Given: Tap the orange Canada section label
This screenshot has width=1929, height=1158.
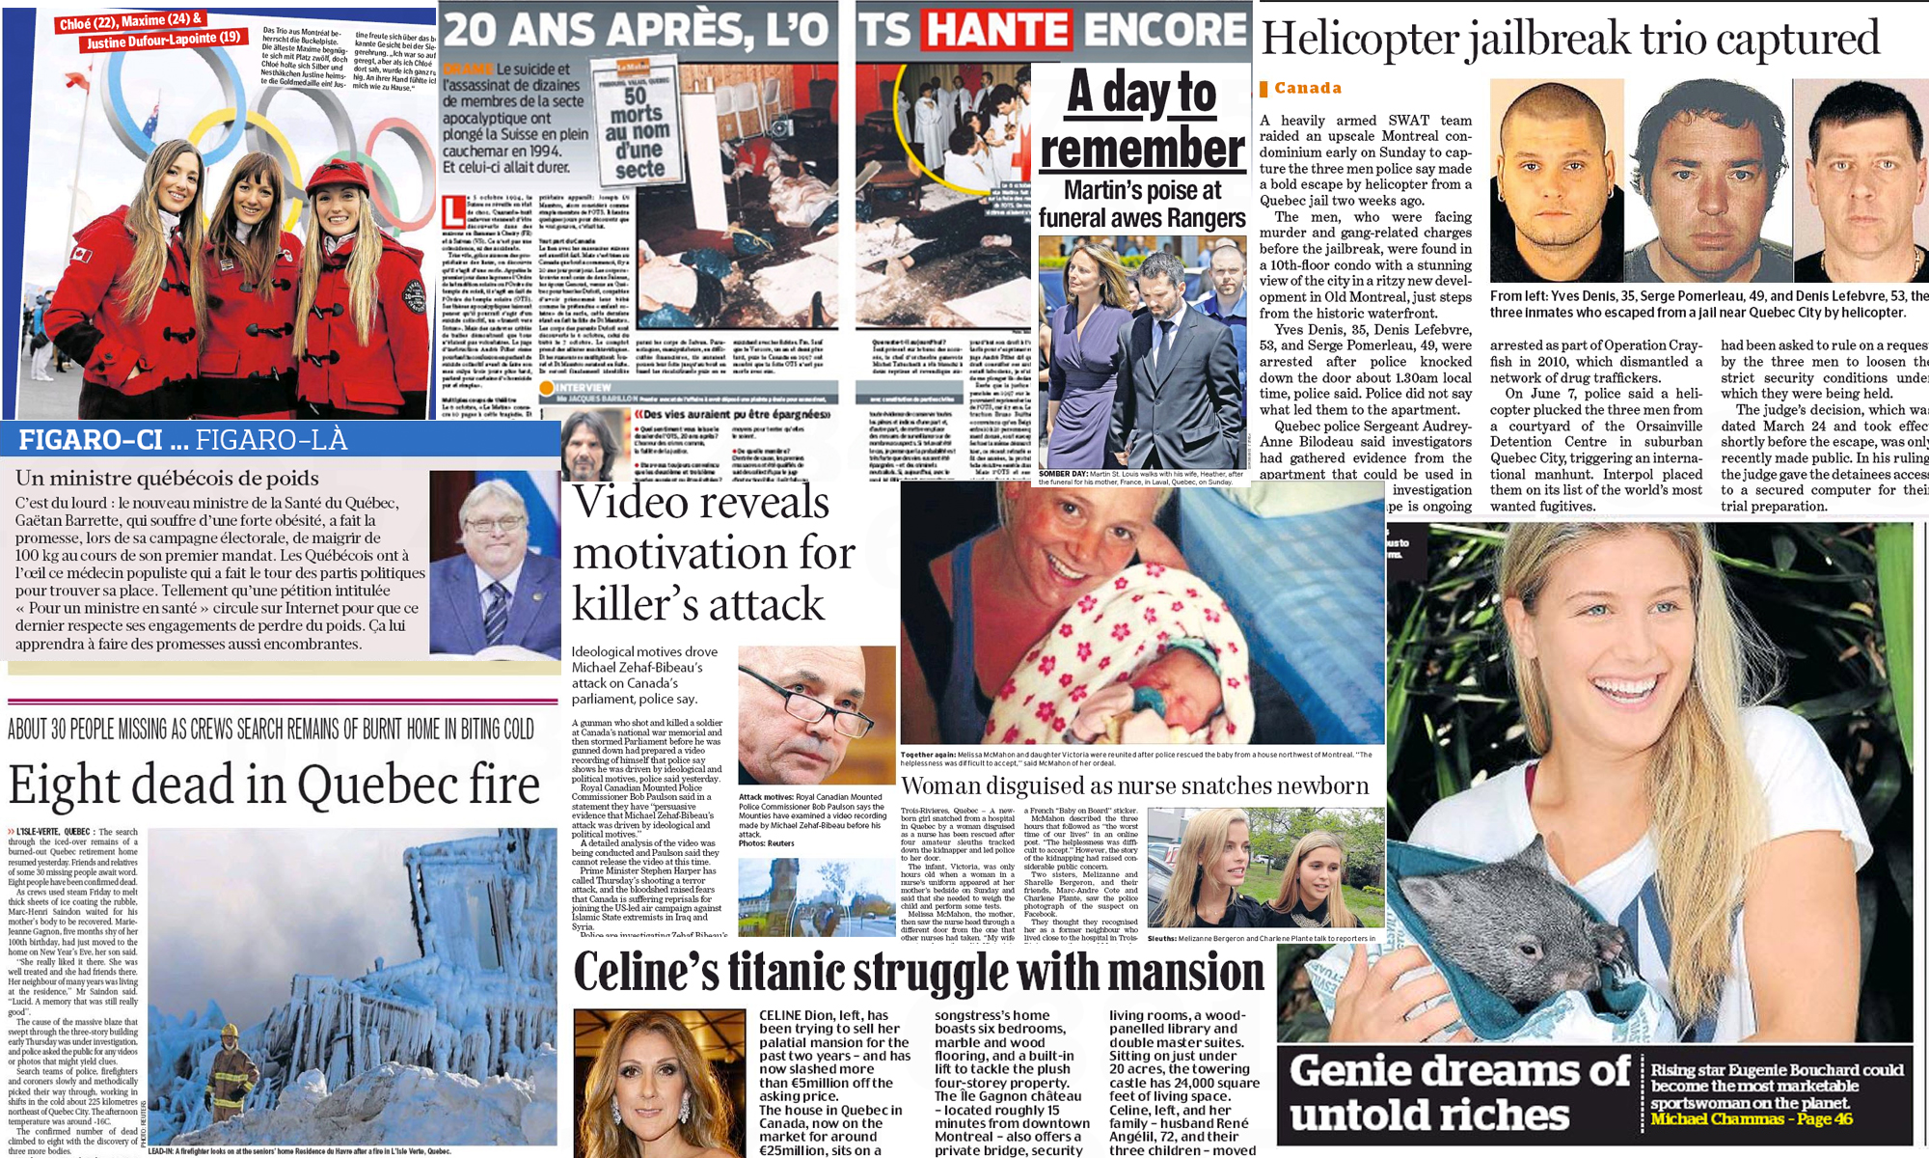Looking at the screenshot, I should (x=1307, y=88).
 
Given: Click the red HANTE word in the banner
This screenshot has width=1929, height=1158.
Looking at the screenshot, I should (x=997, y=29).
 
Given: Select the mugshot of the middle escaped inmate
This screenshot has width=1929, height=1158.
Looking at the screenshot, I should (x=1704, y=183).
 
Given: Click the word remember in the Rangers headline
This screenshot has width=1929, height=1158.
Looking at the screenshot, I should (x=1142, y=150).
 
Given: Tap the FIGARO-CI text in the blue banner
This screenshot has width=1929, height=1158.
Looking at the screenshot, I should (x=91, y=440).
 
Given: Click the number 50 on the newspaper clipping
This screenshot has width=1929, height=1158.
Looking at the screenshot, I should (x=636, y=96).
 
